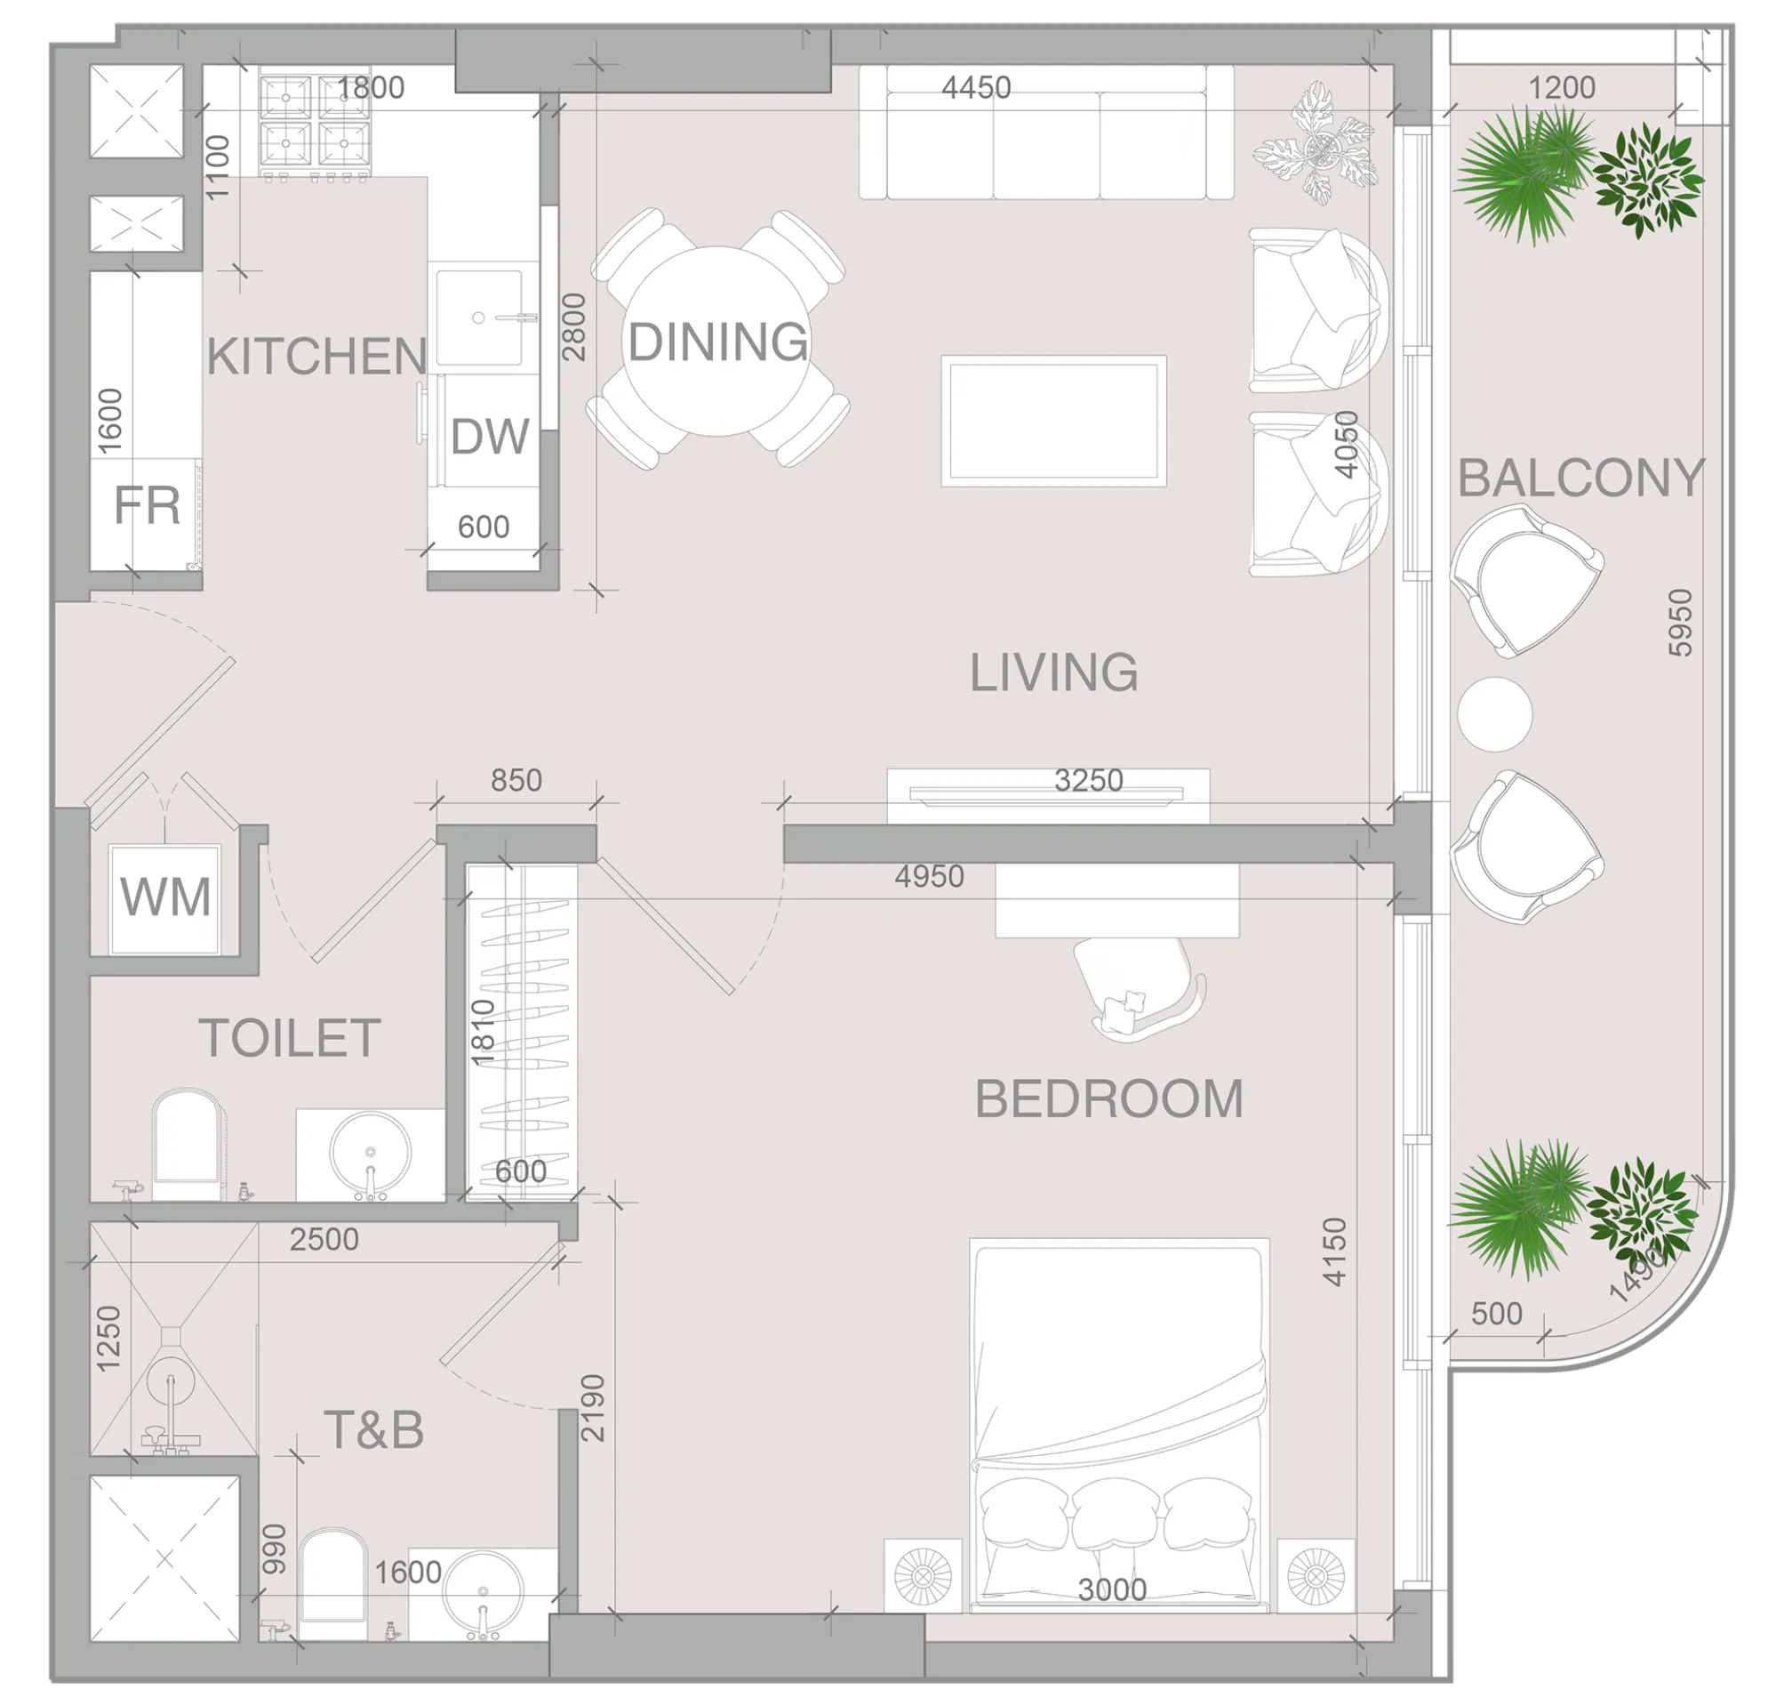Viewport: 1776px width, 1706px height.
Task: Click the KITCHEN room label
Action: pyautogui.click(x=316, y=357)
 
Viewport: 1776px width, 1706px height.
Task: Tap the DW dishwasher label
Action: pyautogui.click(x=489, y=437)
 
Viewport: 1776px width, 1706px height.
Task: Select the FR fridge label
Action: pyautogui.click(x=146, y=506)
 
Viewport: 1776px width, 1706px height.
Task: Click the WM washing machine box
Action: pyautogui.click(x=165, y=897)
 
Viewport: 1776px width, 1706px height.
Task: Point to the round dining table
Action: pyautogui.click(x=716, y=342)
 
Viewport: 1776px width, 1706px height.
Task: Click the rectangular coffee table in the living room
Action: pyautogui.click(x=1053, y=421)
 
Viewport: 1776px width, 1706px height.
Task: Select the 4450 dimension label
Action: pyautogui.click(x=976, y=88)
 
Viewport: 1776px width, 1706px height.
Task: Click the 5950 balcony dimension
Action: pyautogui.click(x=1680, y=623)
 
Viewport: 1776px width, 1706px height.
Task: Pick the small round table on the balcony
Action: pyautogui.click(x=1494, y=714)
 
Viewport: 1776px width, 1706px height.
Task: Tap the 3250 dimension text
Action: pyautogui.click(x=1088, y=780)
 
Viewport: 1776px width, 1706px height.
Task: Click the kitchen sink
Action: pyautogui.click(x=480, y=317)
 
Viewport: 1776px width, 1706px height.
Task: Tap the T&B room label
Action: pyautogui.click(x=373, y=1429)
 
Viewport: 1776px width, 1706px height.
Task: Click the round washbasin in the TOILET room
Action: pyautogui.click(x=370, y=1152)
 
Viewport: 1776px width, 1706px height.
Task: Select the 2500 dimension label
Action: pyautogui.click(x=324, y=1239)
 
